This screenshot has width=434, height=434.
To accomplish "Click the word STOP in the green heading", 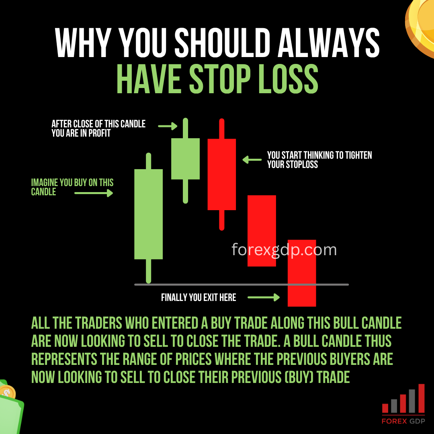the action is (x=220, y=79).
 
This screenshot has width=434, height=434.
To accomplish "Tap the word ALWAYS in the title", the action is (x=329, y=43).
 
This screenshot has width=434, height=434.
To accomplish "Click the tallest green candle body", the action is (x=148, y=214).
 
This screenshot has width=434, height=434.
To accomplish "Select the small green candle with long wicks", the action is (x=185, y=160).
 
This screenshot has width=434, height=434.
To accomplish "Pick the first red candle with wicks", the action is (x=222, y=174).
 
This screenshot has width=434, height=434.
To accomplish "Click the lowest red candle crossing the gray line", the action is (x=302, y=273).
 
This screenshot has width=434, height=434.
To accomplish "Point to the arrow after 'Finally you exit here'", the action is (x=264, y=297).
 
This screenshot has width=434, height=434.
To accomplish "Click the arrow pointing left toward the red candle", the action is (x=252, y=160).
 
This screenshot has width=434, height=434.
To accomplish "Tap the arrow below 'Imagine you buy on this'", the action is (x=94, y=193).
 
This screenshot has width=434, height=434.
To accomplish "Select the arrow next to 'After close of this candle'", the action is (x=168, y=126).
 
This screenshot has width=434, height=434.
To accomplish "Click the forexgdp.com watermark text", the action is (x=284, y=250).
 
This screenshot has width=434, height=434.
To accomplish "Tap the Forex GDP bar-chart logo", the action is (x=403, y=404).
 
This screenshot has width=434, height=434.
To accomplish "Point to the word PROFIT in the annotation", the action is (x=99, y=133).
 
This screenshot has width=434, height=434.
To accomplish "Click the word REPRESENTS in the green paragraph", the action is (x=64, y=359).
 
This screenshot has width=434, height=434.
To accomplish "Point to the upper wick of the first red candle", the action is (x=222, y=129).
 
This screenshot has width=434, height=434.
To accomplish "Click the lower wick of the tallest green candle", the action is (x=148, y=271).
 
